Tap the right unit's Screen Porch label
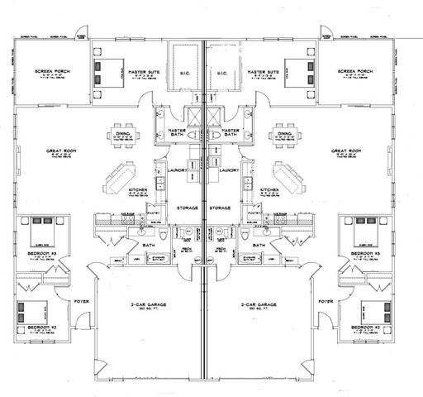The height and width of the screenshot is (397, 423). (x=356, y=72)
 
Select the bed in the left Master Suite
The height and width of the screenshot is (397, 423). (x=102, y=73)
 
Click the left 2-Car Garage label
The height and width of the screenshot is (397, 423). (x=145, y=305)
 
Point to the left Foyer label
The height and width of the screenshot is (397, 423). (x=83, y=302)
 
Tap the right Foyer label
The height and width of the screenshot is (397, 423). (x=325, y=302)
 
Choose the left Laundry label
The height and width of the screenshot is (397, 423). (x=176, y=170)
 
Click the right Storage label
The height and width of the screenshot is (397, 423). (x=220, y=208)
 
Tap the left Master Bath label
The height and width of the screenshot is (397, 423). (x=176, y=132)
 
